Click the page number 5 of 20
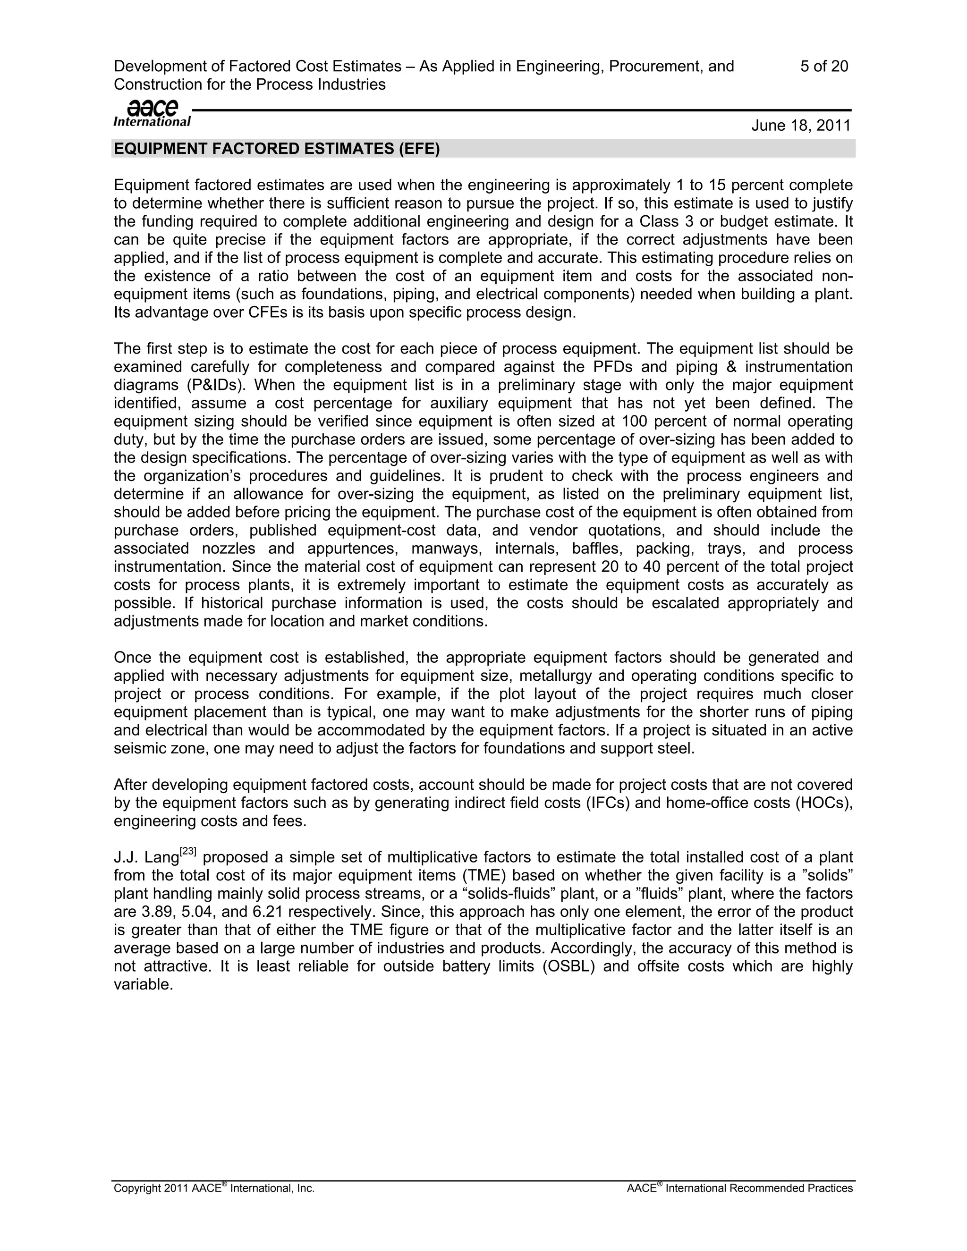tap(824, 67)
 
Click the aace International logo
tap(152, 113)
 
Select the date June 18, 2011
tap(801, 126)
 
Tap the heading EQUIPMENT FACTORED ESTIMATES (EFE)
tap(277, 149)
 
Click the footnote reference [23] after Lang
tap(188, 852)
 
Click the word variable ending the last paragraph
tap(143, 985)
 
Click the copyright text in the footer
tap(214, 1189)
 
